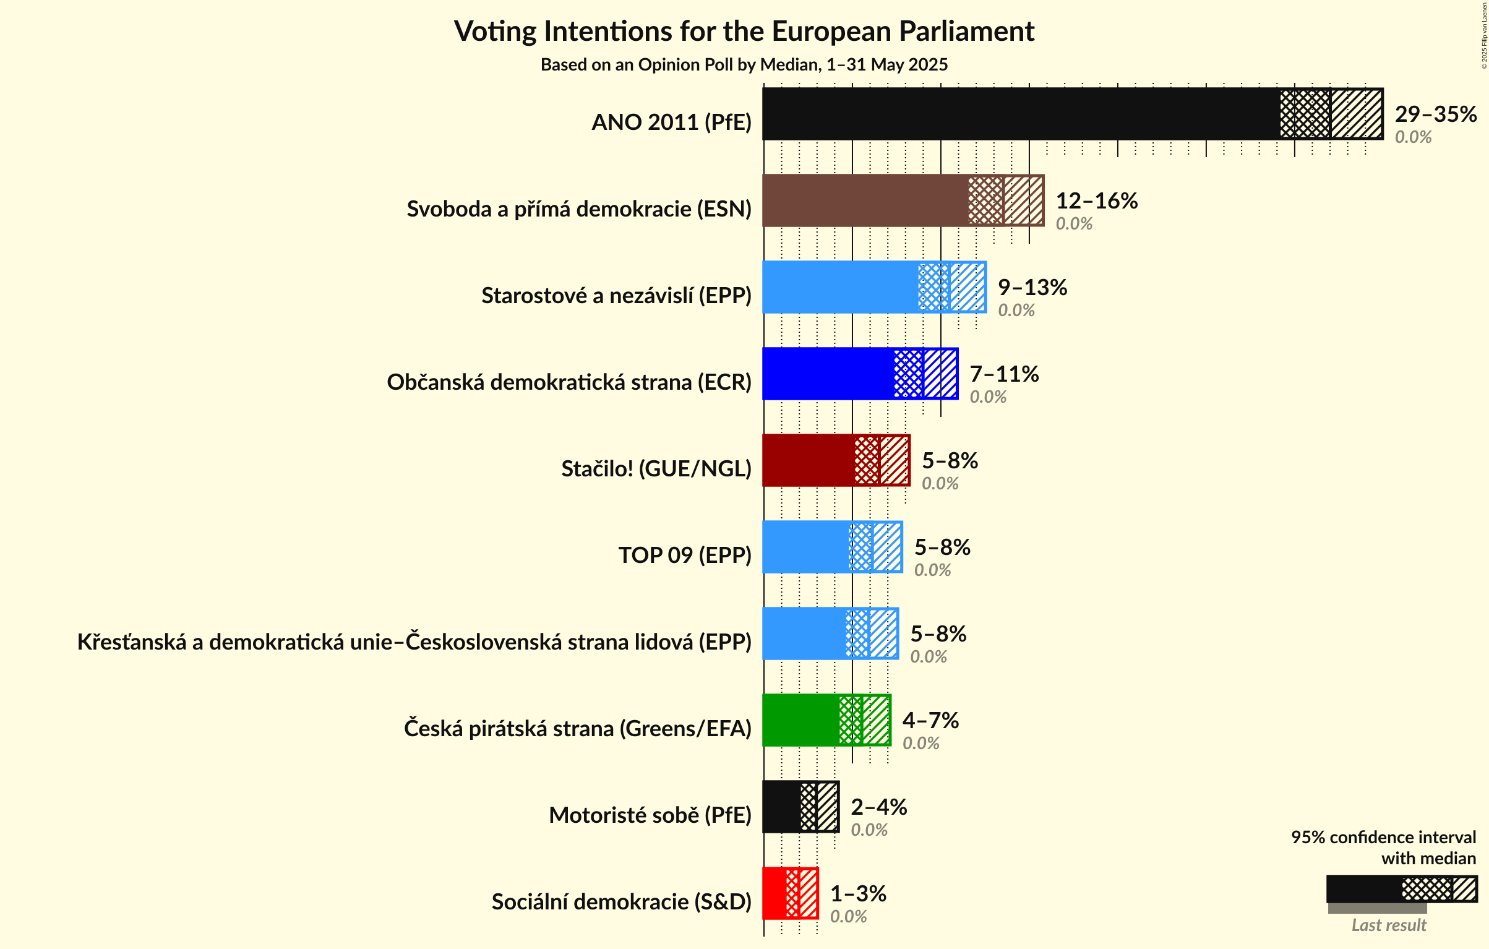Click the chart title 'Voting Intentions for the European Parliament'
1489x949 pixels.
[x=744, y=32]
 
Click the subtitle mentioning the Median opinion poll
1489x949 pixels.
[x=744, y=65]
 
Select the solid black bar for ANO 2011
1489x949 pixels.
[x=1021, y=114]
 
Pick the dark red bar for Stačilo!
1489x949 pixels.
[x=808, y=460]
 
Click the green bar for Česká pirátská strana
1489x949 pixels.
[x=800, y=720]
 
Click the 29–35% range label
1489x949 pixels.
[x=1435, y=114]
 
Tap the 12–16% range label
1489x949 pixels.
[x=1096, y=201]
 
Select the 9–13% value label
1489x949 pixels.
[x=1032, y=288]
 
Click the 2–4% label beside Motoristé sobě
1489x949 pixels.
[x=878, y=807]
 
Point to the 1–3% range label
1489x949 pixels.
[x=857, y=894]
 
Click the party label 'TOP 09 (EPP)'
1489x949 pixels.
[x=684, y=556]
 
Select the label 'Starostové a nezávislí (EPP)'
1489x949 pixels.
[x=616, y=296]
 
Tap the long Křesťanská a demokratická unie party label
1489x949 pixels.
[x=414, y=642]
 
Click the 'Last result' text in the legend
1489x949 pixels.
[x=1388, y=925]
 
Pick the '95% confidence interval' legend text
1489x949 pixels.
[x=1383, y=837]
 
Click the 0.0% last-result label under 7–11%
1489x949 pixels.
[x=987, y=397]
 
